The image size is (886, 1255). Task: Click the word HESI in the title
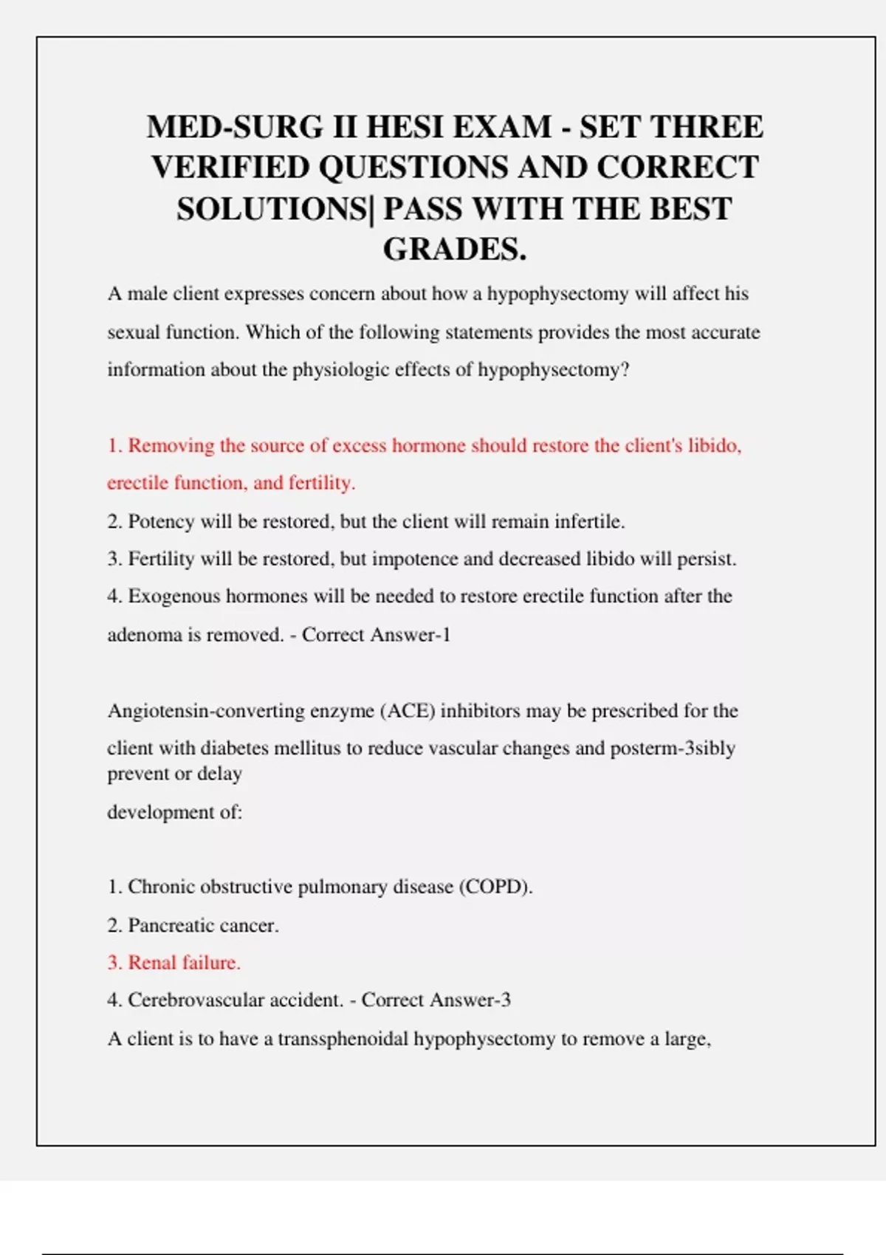pyautogui.click(x=404, y=127)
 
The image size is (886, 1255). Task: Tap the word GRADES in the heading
pyautogui.click(x=450, y=250)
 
